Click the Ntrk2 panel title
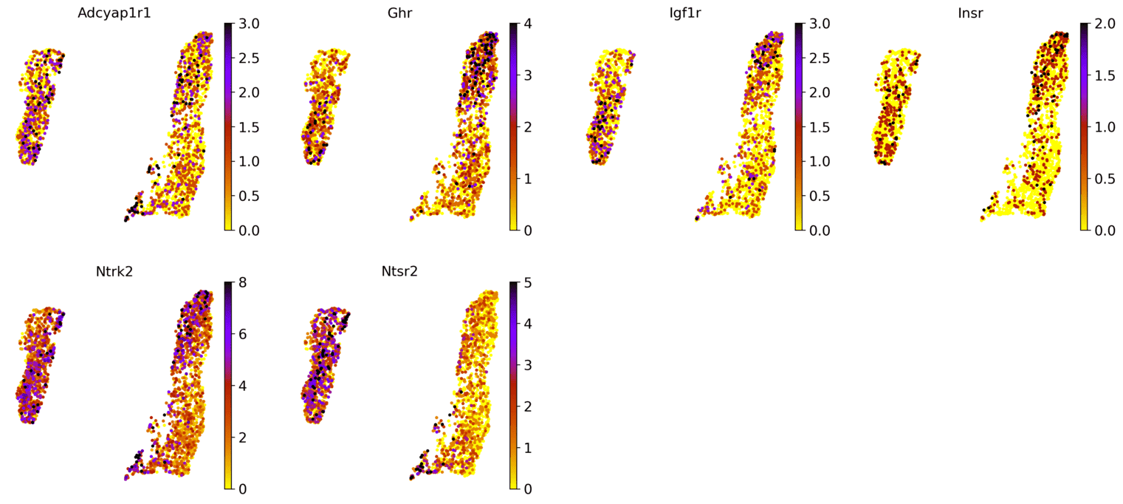113,271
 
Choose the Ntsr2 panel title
399,271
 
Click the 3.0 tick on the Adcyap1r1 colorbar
249,24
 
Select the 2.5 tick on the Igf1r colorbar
820,58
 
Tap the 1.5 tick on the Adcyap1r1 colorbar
249,126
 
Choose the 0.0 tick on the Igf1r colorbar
820,230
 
